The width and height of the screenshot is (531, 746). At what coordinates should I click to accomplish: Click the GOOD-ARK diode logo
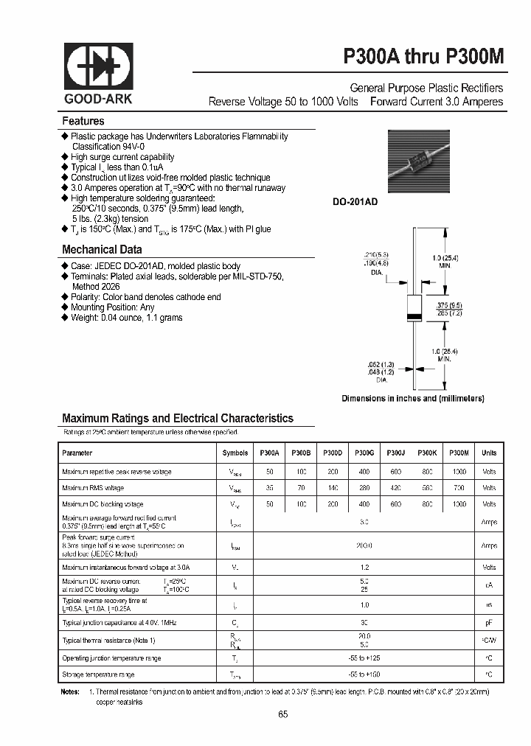click(98, 69)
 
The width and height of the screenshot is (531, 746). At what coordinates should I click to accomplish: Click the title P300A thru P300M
click(423, 58)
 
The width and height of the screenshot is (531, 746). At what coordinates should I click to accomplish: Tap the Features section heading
click(83, 121)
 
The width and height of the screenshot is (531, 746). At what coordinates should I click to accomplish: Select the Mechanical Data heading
click(101, 249)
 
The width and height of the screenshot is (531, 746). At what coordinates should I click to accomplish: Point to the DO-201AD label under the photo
click(354, 201)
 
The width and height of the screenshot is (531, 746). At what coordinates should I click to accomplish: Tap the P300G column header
click(364, 453)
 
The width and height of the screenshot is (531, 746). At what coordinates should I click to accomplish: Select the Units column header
click(488, 453)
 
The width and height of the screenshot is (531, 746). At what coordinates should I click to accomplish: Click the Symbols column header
click(235, 453)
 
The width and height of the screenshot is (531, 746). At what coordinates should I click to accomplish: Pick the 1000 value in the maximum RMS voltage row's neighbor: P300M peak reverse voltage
click(459, 470)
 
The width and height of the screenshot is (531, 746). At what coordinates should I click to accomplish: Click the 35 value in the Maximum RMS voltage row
click(269, 487)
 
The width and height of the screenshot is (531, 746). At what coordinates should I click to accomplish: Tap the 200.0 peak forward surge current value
click(364, 545)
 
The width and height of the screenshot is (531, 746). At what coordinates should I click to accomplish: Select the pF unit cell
click(488, 623)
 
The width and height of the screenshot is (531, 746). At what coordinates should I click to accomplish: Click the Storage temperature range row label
click(98, 674)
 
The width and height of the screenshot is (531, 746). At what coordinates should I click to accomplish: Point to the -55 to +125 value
click(364, 658)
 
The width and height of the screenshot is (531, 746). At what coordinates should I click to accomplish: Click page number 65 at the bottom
click(283, 714)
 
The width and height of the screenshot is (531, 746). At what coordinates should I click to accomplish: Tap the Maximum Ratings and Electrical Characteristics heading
click(178, 418)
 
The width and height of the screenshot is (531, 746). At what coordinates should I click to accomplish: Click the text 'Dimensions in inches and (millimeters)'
click(412, 398)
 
